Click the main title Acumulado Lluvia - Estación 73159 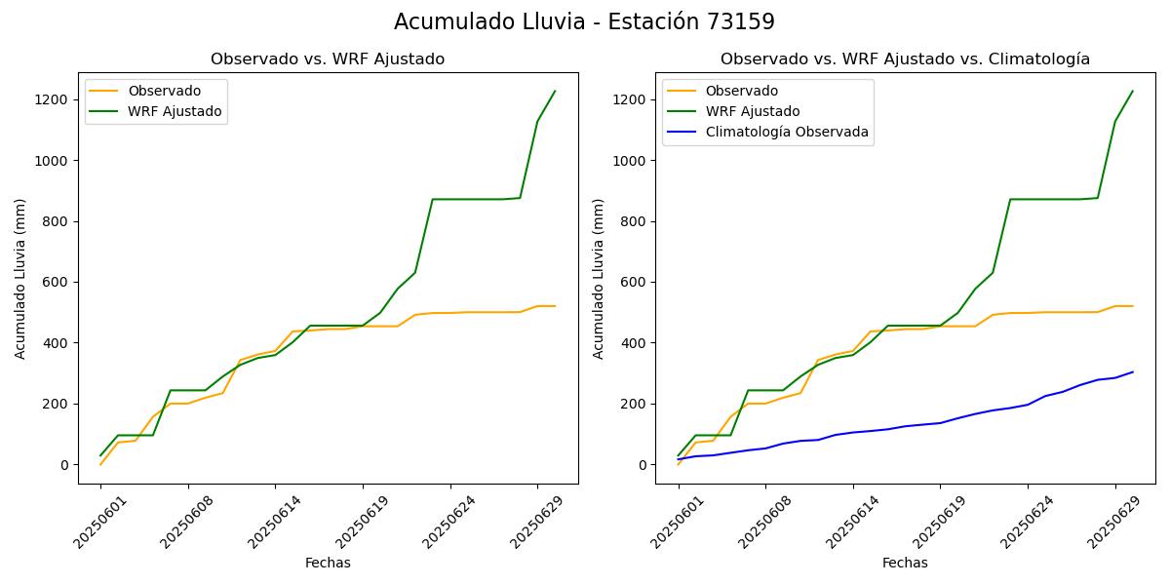pos(584,22)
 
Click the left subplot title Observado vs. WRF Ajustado pos(328,59)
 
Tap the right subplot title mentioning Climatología pos(905,59)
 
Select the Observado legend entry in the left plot pos(164,92)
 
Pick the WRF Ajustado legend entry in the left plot pos(175,112)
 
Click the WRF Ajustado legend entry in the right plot pos(752,112)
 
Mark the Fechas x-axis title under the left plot pos(328,564)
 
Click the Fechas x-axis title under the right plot pos(905,564)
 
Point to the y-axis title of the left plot pos(20,278)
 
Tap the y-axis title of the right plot pos(599,278)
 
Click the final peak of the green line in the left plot pos(555,92)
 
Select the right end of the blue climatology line pos(1133,371)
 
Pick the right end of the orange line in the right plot pos(1133,306)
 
